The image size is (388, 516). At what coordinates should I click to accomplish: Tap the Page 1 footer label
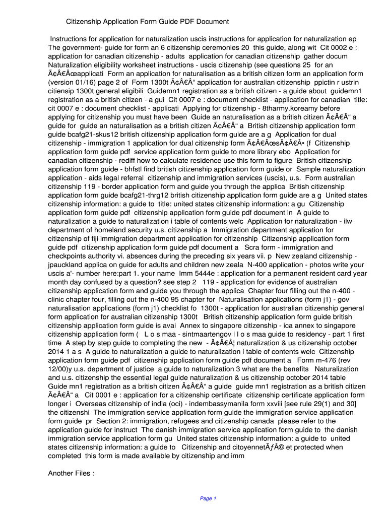(208, 498)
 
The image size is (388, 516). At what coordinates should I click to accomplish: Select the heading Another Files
(71, 473)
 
